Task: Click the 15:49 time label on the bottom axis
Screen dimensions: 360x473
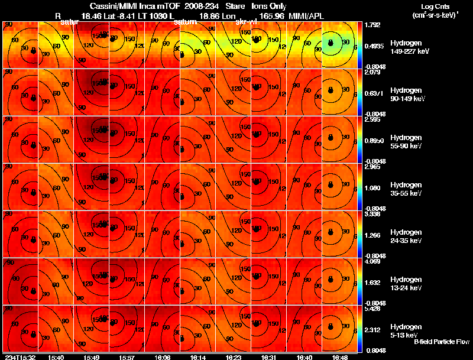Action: [92, 357]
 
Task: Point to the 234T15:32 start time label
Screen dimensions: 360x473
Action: [19, 357]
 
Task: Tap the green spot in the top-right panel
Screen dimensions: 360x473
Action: [331, 42]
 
